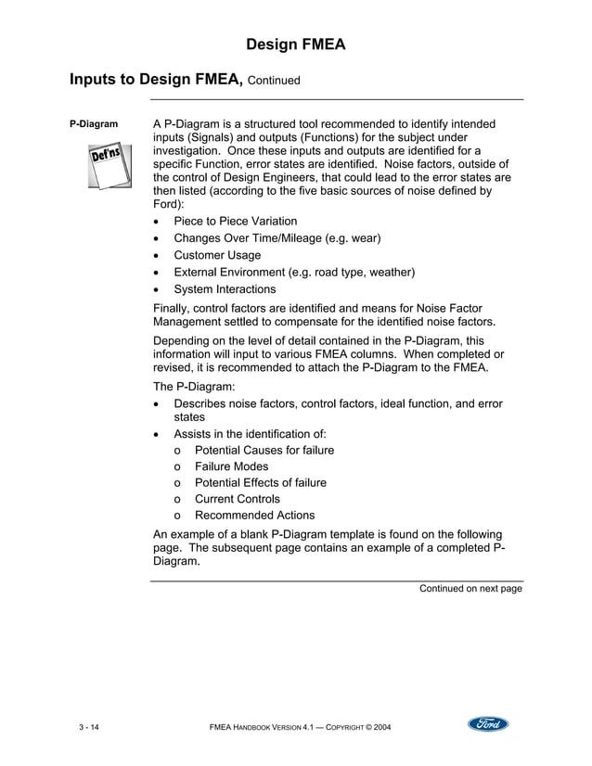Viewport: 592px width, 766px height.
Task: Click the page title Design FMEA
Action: (296, 44)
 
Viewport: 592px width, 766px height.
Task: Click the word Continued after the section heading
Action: (274, 81)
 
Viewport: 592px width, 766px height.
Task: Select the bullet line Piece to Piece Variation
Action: (236, 222)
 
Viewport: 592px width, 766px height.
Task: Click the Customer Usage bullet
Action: (217, 255)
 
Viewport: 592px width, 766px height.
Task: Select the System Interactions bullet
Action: (225, 289)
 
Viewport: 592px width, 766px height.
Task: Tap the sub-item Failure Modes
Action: (231, 466)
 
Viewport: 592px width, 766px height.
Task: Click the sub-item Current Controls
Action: (237, 499)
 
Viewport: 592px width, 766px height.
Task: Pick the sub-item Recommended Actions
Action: (254, 516)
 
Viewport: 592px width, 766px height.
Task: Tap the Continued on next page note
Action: (470, 588)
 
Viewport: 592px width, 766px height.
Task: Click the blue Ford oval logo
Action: (488, 724)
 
